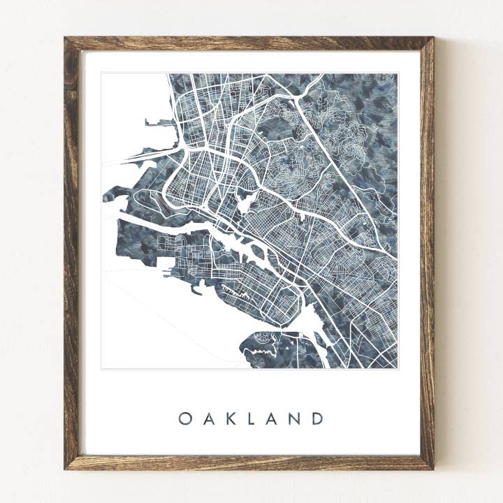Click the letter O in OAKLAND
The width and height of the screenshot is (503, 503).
pyautogui.click(x=184, y=418)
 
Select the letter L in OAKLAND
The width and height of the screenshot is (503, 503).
pyautogui.click(x=251, y=418)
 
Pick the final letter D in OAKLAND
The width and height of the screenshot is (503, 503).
pyautogui.click(x=318, y=418)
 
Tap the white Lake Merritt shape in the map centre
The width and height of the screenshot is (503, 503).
pyautogui.click(x=246, y=203)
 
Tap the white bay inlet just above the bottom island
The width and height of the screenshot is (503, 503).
pyautogui.click(x=310, y=321)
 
